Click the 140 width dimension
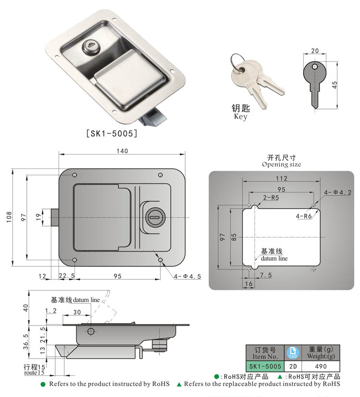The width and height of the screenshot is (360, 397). (122, 151)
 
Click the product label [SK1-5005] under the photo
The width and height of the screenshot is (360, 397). (111, 133)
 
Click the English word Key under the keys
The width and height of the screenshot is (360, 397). (240, 117)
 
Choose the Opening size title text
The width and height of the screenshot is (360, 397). (281, 164)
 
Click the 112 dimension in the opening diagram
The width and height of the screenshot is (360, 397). (281, 179)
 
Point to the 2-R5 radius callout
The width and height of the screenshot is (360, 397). (271, 197)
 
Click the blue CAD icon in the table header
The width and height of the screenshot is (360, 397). (292, 352)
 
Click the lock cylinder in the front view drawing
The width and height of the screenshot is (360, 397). (154, 217)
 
